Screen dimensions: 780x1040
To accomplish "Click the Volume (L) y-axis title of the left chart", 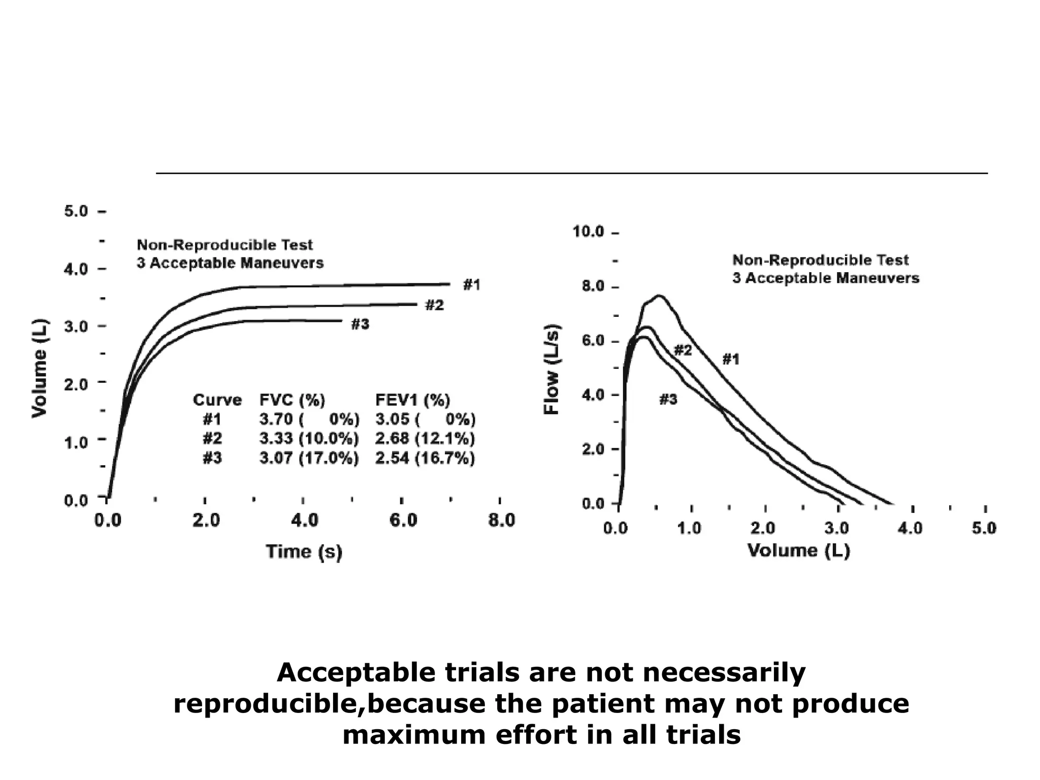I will [x=39, y=368].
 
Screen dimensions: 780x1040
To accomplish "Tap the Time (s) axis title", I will [x=304, y=551].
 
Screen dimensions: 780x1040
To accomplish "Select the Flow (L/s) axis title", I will [x=551, y=369].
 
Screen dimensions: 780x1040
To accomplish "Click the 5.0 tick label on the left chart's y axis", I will [x=76, y=211].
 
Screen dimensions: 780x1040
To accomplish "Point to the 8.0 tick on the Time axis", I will [x=502, y=521].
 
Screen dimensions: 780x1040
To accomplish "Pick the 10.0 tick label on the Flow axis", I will [x=588, y=232].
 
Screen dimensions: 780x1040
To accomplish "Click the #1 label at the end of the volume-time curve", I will [x=471, y=285].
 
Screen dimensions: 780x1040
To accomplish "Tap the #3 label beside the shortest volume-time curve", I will [x=360, y=324].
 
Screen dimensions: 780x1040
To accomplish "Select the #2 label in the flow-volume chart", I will [x=682, y=350].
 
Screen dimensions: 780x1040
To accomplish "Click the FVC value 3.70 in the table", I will [x=276, y=419].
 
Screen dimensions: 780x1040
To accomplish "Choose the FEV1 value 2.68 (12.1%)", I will [x=425, y=439].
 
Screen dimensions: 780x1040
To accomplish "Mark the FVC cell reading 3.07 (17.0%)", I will [x=309, y=458].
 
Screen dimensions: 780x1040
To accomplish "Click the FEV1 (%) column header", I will [x=412, y=400].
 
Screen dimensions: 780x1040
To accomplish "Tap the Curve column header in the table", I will [x=217, y=400].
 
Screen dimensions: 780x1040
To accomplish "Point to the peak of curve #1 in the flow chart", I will [x=659, y=296].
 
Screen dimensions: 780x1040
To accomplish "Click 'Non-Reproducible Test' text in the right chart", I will [x=820, y=260].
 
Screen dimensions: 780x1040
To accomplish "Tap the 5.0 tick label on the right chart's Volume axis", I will [x=984, y=529].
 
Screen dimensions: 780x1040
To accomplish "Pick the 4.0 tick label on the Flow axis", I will [x=592, y=395].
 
